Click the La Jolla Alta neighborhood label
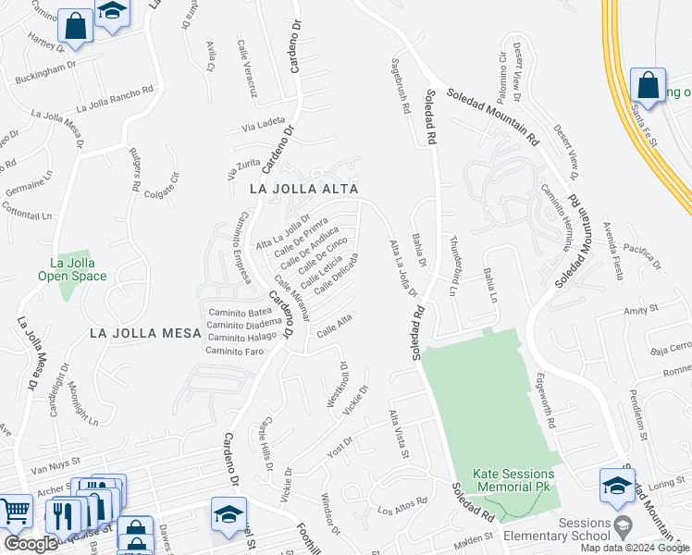[303, 188]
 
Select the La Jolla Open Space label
[73, 268]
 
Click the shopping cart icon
[15, 512]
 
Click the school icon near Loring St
[616, 485]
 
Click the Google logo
[31, 544]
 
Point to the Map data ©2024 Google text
[636, 548]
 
